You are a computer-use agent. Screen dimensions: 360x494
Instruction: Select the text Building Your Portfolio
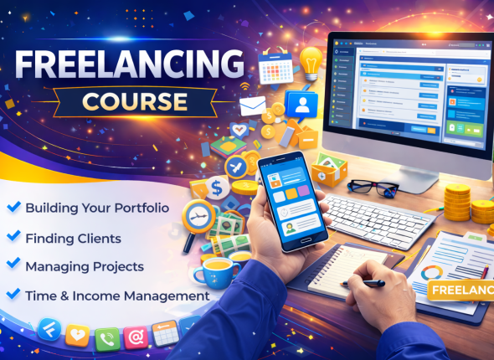click(97, 207)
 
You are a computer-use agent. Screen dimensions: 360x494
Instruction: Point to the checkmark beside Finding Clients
click(13, 237)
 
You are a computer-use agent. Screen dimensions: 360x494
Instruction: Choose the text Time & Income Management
click(117, 296)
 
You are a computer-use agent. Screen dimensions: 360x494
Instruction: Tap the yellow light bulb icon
click(311, 61)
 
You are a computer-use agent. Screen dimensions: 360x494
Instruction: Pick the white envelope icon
click(252, 106)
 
